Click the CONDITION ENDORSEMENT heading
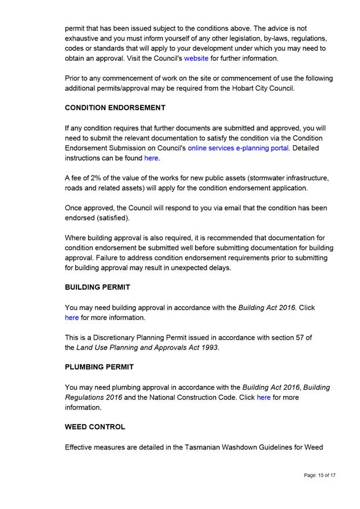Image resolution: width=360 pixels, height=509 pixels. click(115, 108)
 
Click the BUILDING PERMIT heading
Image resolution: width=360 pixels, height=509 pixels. click(97, 287)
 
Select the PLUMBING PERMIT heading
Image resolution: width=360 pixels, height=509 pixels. click(99, 367)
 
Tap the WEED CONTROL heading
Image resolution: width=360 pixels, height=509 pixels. click(95, 427)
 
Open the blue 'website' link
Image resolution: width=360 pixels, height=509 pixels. click(196, 58)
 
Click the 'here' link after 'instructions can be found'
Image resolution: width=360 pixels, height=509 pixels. click(151, 158)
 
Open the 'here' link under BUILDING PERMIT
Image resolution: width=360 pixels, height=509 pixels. click(72, 318)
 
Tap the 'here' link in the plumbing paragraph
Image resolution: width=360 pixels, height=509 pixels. click(263, 397)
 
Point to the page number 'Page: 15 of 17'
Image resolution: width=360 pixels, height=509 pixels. click(319, 475)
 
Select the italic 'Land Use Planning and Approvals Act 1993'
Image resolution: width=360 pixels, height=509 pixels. click(148, 348)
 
